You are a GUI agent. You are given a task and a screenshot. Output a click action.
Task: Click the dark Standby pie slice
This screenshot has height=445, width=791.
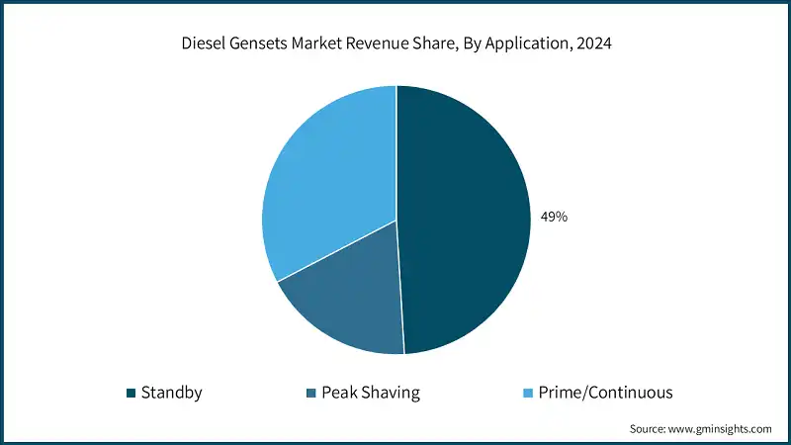click(x=465, y=218)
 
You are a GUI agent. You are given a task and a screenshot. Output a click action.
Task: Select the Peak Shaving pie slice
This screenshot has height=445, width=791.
click(x=346, y=307)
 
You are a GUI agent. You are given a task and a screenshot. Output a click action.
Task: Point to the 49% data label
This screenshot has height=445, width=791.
click(x=553, y=217)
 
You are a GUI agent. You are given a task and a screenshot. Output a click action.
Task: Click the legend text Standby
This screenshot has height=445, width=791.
click(x=172, y=393)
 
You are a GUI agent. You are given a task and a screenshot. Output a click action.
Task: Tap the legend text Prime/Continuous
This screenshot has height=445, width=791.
click(x=603, y=393)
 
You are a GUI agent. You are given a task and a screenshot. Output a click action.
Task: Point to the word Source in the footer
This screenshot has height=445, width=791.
click(x=651, y=429)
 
